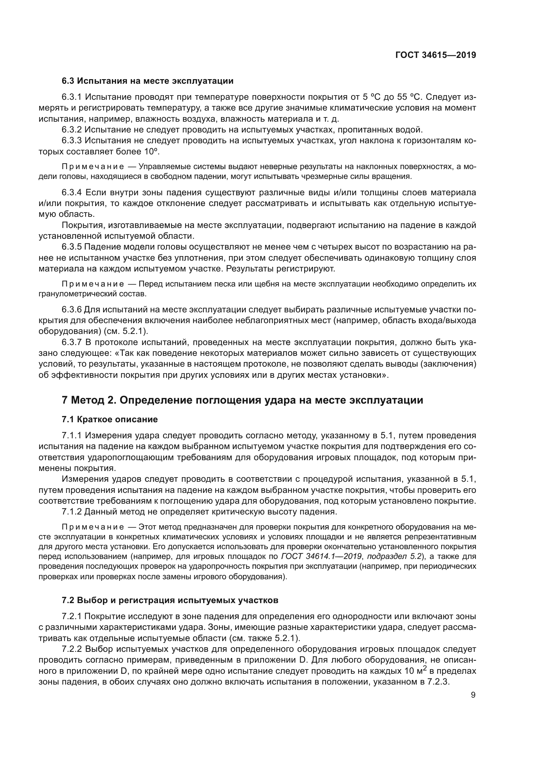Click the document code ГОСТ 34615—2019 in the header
pos(435,55)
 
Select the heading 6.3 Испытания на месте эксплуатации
pos(147,81)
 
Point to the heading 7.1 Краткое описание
pos(110,419)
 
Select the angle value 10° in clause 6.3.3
pos(151,152)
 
